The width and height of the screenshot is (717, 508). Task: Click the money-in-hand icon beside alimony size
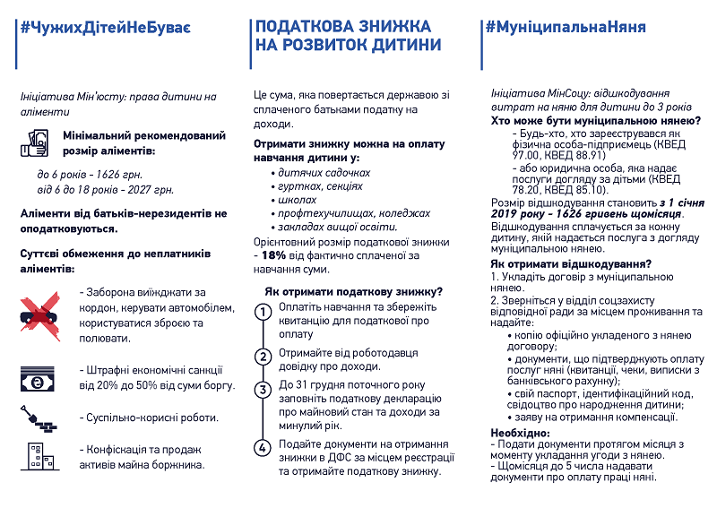(x=39, y=140)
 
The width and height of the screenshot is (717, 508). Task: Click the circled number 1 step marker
(x=263, y=313)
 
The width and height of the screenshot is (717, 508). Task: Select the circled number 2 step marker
(x=263, y=357)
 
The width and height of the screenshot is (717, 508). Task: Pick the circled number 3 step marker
(x=263, y=390)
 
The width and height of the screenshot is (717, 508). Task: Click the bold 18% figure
(x=272, y=254)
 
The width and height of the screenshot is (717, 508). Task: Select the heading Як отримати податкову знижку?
(x=352, y=292)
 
